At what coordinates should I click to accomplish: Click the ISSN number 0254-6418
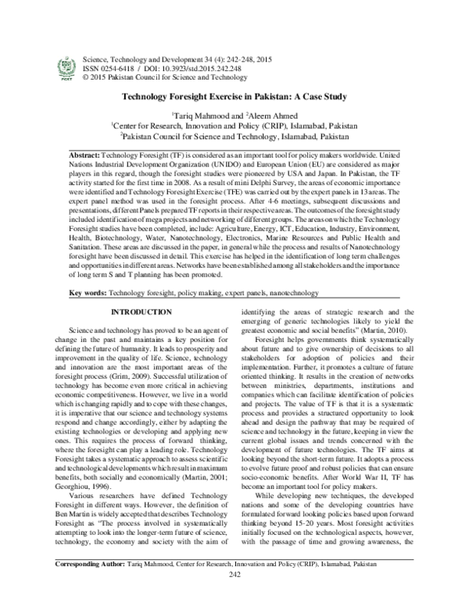[116, 68]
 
